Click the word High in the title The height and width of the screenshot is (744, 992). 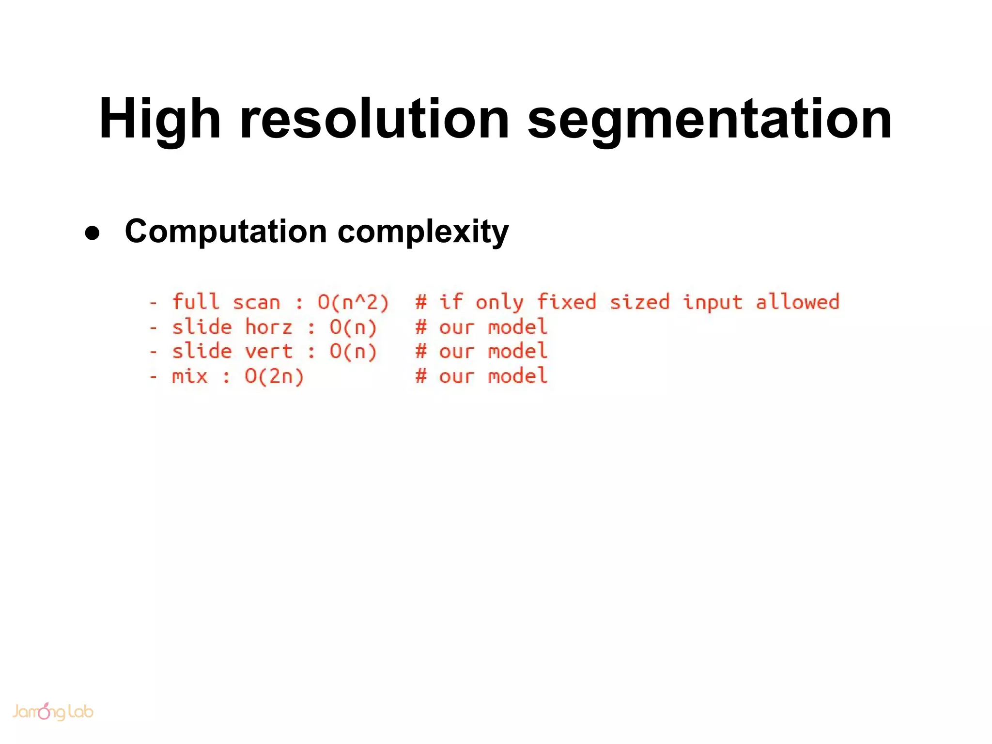coord(159,119)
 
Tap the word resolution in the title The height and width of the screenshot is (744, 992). coord(374,119)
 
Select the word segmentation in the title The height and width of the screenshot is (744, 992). coord(709,119)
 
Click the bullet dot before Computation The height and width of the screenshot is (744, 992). coord(92,233)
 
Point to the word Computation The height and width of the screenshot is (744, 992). coord(226,232)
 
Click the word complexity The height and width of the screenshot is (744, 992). coord(423,232)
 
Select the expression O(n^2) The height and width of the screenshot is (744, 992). coord(353,302)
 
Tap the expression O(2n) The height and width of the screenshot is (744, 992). coord(274,376)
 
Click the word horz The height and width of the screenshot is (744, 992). coord(269,327)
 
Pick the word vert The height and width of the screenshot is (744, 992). coord(269,352)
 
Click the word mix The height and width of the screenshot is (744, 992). coord(189,376)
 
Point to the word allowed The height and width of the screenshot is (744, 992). coord(797,302)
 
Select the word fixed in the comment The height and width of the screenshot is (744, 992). coord(566,302)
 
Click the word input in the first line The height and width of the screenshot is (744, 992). coord(712,302)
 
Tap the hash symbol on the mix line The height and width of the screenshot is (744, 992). coord(421,376)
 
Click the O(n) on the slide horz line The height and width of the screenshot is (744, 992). coord(353,327)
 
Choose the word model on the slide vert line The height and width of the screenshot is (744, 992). coord(518,352)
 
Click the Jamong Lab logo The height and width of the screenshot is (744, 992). coord(52,712)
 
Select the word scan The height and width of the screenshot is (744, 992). coord(257,302)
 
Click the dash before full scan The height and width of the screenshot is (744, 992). coord(154,303)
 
